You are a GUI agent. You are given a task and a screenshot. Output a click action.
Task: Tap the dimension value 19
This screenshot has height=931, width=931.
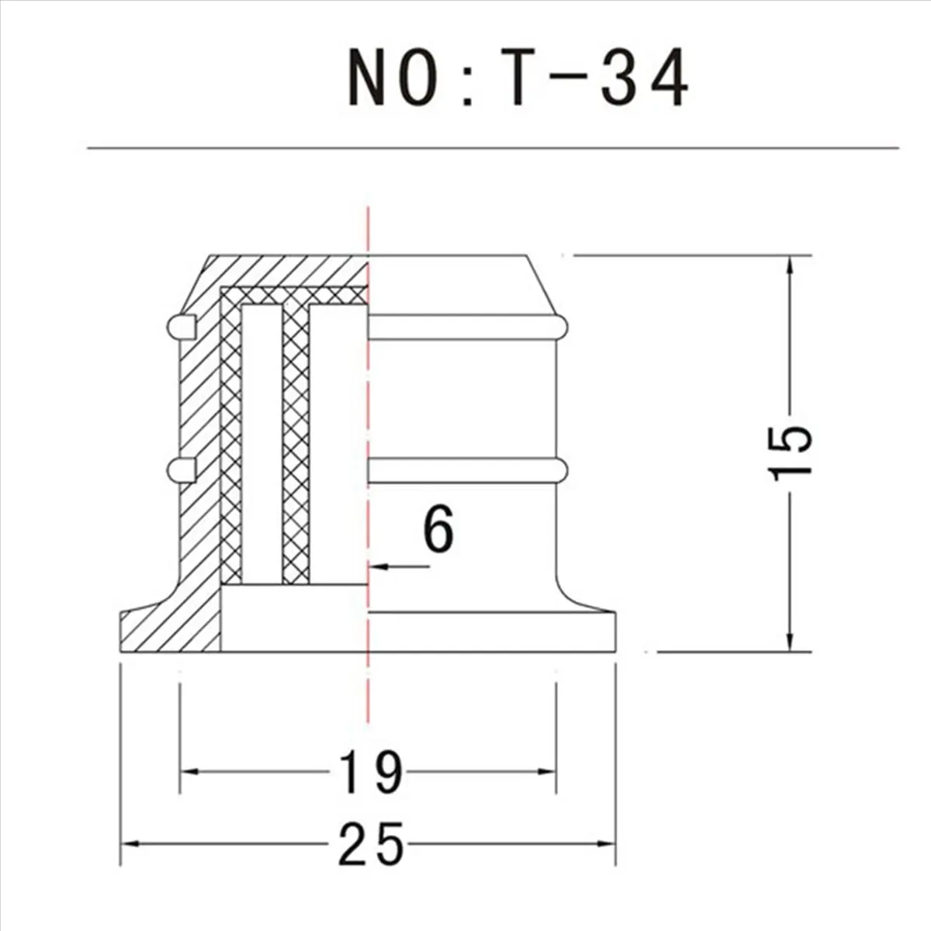(371, 771)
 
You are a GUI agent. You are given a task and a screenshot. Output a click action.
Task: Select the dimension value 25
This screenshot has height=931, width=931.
(371, 846)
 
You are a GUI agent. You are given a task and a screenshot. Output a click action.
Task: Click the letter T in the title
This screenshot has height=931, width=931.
(519, 77)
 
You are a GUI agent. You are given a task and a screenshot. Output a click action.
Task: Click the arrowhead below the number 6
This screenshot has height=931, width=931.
(378, 566)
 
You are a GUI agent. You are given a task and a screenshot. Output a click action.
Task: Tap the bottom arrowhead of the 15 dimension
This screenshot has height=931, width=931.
(790, 639)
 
